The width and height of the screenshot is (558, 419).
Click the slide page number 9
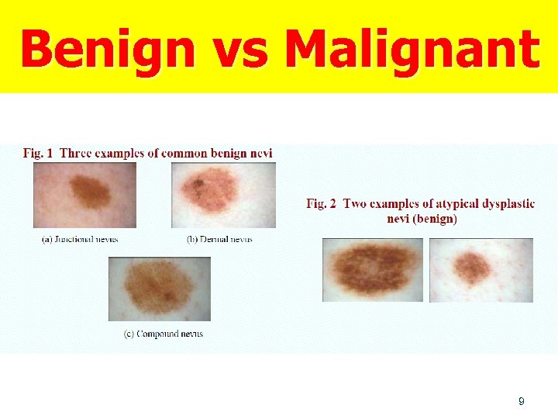pos(521,401)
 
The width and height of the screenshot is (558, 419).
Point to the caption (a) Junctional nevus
pos(80,239)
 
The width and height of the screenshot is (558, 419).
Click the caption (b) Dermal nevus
pos(219,239)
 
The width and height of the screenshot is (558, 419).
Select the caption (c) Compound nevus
pos(164,334)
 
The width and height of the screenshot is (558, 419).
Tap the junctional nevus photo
pos(84,195)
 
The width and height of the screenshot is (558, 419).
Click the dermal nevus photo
pos(223,195)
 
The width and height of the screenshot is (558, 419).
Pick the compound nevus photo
pos(160,289)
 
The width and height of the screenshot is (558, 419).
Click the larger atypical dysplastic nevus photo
pos(373,270)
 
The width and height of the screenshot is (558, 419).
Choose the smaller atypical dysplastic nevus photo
pos(480,270)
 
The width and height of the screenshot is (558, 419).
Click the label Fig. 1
pos(38,153)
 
